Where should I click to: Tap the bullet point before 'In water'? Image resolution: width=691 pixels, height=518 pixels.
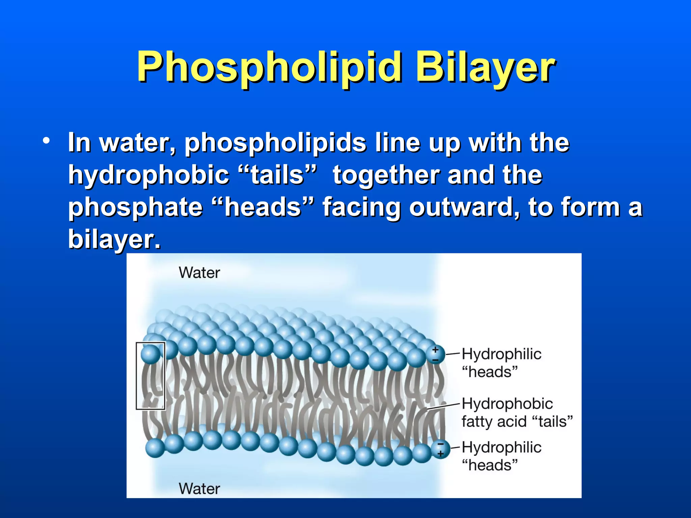pyautogui.click(x=46, y=141)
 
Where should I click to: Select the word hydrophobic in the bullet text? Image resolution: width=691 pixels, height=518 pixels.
pyautogui.click(x=148, y=175)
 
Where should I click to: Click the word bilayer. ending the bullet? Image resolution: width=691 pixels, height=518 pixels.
pyautogui.click(x=114, y=239)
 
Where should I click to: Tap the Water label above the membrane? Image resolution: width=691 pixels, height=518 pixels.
pyautogui.click(x=199, y=272)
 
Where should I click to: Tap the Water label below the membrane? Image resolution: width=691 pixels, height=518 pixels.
pyautogui.click(x=199, y=489)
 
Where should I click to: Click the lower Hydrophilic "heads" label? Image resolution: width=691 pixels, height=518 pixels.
pyautogui.click(x=501, y=456)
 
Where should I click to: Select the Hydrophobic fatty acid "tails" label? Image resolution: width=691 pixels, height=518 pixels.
pyautogui.click(x=516, y=412)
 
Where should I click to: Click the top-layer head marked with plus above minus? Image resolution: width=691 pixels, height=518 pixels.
pyautogui.click(x=436, y=354)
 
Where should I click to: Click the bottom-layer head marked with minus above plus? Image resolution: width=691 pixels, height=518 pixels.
pyautogui.click(x=441, y=450)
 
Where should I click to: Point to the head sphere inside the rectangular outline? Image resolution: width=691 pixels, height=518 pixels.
pyautogui.click(x=150, y=354)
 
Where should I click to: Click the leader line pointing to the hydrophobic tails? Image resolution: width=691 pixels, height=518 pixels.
pyautogui.click(x=444, y=406)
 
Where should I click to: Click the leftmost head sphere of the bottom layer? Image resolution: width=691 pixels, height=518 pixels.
pyautogui.click(x=155, y=448)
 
